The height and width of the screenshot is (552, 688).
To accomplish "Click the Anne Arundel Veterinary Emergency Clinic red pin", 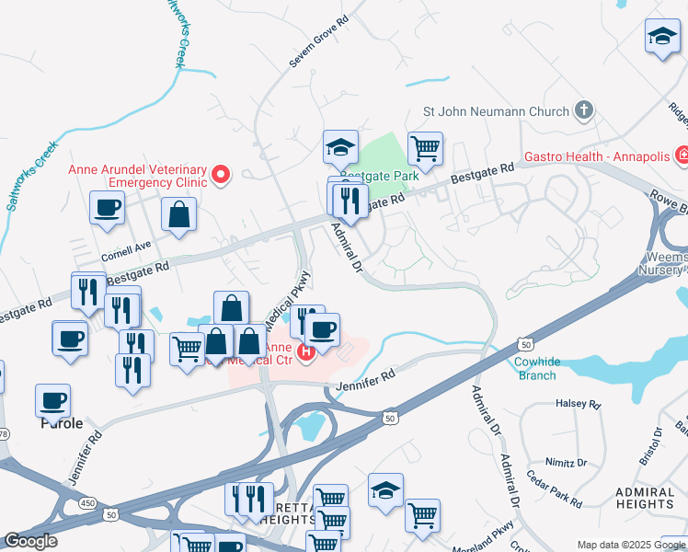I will tap(221, 174).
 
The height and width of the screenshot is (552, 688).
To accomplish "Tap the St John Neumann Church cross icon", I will tap(582, 111).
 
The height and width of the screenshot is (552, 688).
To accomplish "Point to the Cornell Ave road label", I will tap(126, 247).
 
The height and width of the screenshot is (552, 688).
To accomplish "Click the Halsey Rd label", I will tap(578, 404).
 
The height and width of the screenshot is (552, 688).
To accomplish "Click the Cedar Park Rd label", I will tap(553, 489).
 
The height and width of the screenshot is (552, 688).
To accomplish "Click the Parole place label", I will tap(61, 424).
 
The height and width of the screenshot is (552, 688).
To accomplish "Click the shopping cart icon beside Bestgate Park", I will tap(424, 146).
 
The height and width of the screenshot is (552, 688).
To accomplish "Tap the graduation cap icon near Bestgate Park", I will tap(339, 145).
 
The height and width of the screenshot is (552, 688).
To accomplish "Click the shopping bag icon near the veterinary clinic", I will tap(178, 214).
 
